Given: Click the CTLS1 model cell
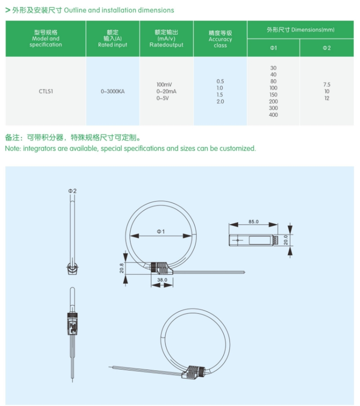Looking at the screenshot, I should coord(46,91).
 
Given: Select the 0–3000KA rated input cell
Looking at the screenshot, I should coord(113,91).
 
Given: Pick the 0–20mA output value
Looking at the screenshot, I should coord(167,91).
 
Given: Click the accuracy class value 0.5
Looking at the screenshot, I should coord(220,81).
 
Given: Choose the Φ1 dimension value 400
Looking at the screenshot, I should coord(273,115).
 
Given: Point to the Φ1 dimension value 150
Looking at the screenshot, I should coord(273,95).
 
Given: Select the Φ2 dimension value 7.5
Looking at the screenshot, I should coord(327,84).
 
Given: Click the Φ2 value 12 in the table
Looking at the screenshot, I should coord(327,98).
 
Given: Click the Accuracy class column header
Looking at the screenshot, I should coord(220,39).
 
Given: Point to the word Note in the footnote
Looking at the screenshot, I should coord(12,148).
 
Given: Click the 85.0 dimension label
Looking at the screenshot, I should coord(254,222).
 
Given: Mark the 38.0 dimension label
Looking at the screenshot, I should coord(162,279).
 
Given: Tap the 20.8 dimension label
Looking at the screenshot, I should coord(121,268).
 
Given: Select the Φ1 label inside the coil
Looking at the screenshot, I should coord(161,231).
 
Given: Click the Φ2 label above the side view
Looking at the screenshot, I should coord(72,191).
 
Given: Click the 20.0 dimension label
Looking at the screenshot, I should coord(286,239).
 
